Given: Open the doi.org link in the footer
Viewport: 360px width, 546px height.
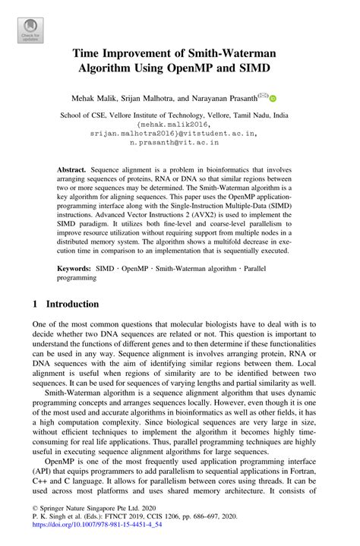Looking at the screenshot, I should click(x=99, y=535).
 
